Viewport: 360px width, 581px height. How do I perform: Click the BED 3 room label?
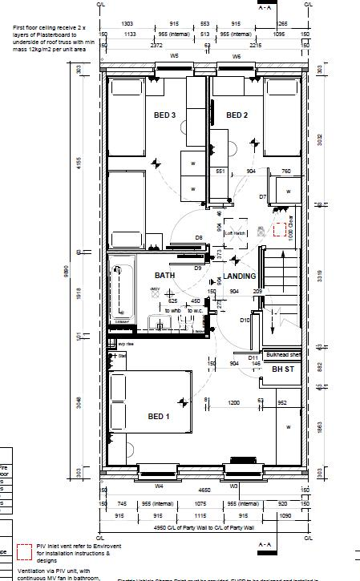[x=164, y=115]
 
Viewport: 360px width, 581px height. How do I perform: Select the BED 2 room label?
[x=237, y=115]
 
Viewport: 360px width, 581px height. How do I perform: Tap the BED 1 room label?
[x=158, y=416]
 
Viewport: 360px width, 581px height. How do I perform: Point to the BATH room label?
[x=165, y=276]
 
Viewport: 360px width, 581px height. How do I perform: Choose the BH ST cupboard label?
[x=283, y=369]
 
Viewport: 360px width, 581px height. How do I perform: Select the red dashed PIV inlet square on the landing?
[x=280, y=231]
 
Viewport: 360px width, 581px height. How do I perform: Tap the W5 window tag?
[x=175, y=57]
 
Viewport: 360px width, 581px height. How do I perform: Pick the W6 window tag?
[x=237, y=57]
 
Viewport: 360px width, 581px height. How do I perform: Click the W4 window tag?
[x=159, y=485]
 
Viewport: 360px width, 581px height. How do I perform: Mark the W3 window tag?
[x=235, y=485]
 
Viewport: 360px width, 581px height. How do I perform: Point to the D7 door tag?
[x=262, y=196]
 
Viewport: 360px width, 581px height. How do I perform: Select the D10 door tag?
[x=245, y=320]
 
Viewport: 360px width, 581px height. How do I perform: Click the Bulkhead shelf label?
[x=285, y=353]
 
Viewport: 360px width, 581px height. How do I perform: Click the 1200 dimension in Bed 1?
[x=233, y=401]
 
